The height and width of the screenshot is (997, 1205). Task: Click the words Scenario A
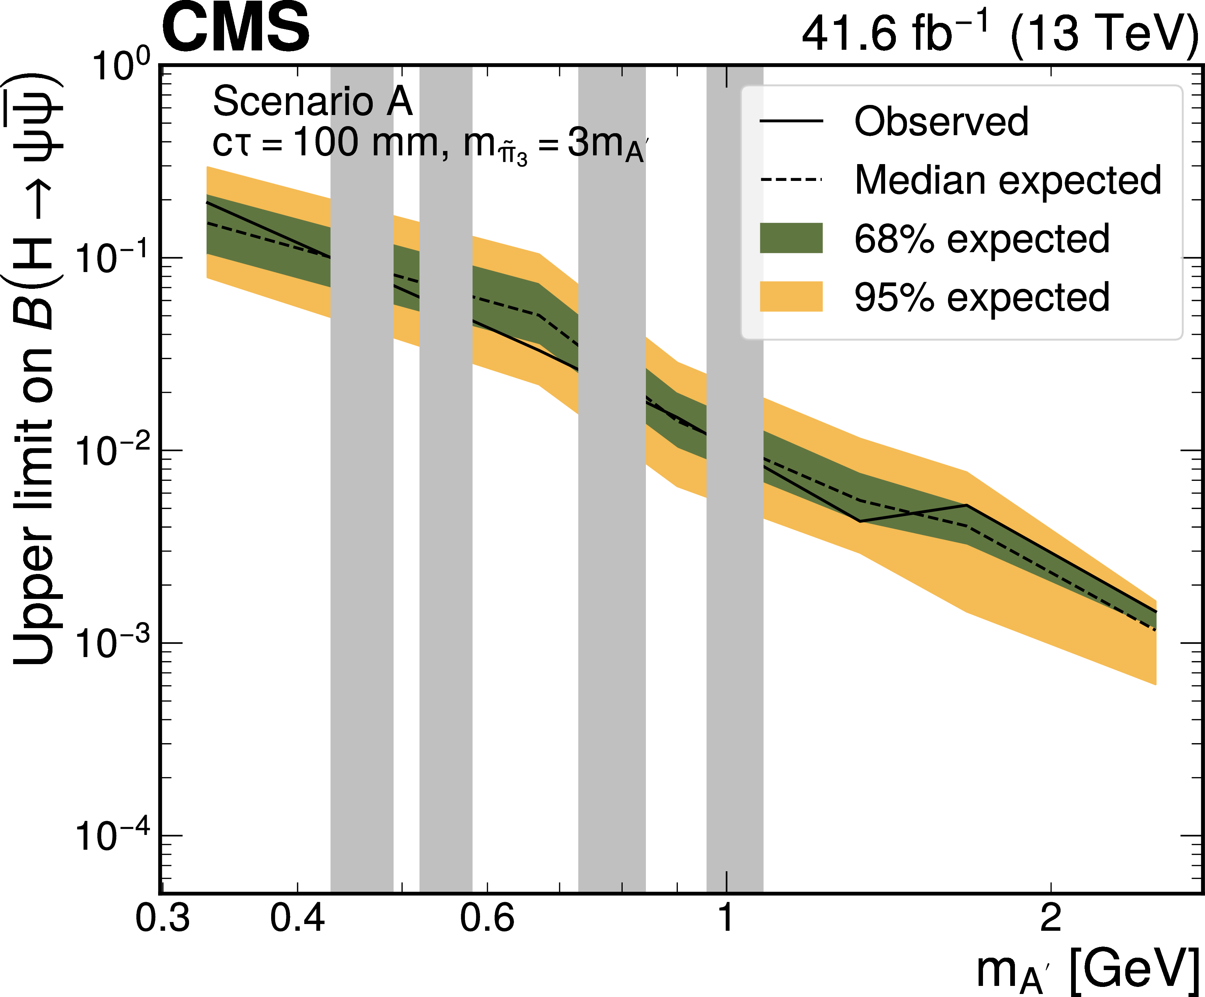[313, 102]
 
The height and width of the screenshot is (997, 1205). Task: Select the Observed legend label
[941, 122]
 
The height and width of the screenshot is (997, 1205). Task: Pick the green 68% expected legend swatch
[791, 238]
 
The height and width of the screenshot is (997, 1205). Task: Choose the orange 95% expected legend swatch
[791, 297]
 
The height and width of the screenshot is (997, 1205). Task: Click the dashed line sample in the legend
[791, 180]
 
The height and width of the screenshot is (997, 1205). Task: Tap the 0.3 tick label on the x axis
[162, 918]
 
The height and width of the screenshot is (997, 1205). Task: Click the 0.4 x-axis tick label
[297, 918]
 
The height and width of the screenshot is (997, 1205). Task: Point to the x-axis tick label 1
[726, 918]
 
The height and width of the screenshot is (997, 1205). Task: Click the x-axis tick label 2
[1051, 918]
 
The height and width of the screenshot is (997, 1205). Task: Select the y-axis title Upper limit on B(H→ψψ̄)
[34, 367]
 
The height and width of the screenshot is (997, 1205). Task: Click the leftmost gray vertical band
[362, 516]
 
